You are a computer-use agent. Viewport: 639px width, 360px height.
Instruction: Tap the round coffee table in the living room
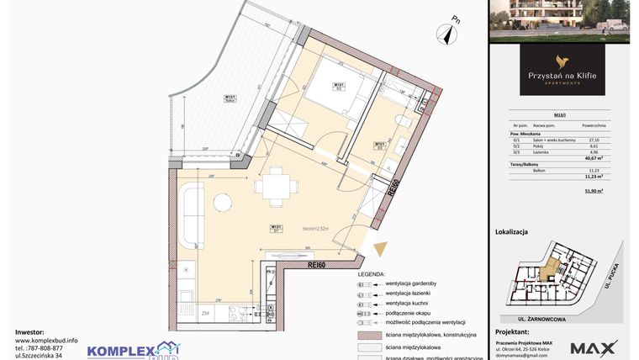[222, 203]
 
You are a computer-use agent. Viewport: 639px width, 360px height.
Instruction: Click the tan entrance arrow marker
[382, 249]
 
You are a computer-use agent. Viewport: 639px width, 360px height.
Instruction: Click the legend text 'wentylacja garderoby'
[414, 284]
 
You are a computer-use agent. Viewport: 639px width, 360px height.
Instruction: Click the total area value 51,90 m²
[595, 191]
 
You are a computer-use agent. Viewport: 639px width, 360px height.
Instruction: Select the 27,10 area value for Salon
[594, 140]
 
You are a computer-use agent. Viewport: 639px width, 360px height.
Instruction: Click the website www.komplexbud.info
[46, 341]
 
